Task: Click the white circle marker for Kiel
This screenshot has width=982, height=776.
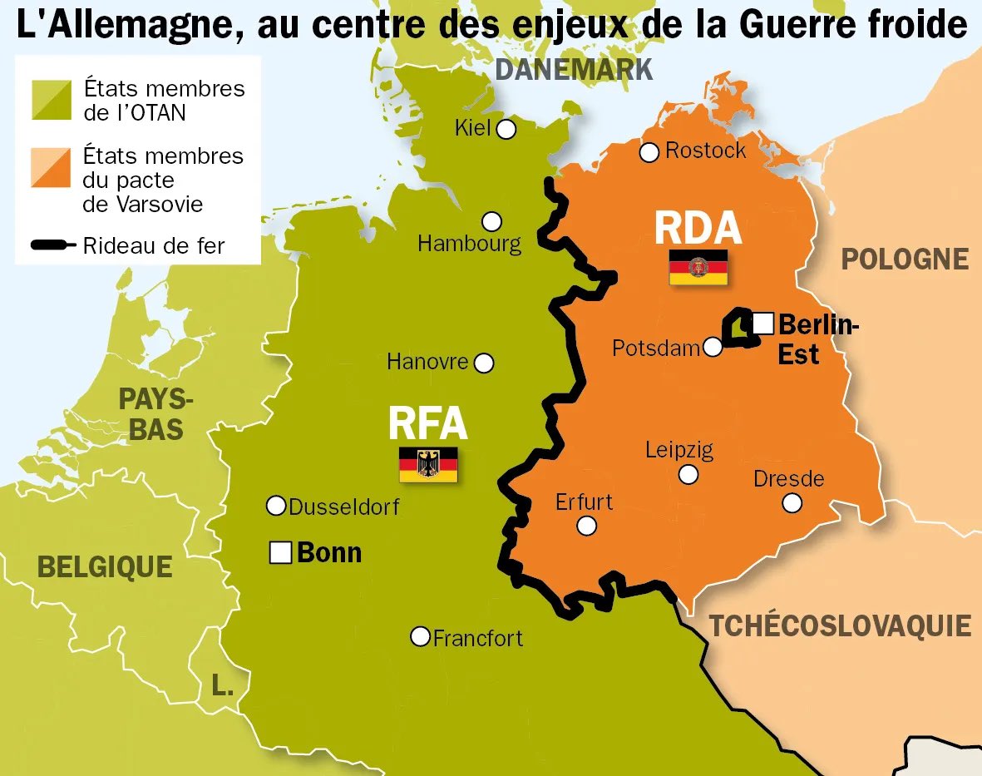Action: pos(506,129)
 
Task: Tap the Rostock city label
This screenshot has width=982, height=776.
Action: pos(705,151)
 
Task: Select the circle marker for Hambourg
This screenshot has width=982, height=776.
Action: pos(492,221)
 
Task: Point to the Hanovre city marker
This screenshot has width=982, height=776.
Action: pos(483,363)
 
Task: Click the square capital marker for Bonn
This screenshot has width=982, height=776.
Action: pos(281,552)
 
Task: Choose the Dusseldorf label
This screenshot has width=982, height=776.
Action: pos(344,506)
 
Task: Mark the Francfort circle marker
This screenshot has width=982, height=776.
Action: pos(422,636)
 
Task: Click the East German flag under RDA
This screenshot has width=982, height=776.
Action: pos(698,267)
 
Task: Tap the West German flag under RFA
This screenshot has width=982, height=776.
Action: pos(428,464)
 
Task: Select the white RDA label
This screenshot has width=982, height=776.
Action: pos(698,228)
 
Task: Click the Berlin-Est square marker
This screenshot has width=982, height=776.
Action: pos(763,322)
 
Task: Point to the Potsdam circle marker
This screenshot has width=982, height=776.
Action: pos(713,347)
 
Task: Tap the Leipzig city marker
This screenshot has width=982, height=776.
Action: pos(688,474)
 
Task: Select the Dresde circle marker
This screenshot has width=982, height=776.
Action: pos(792,502)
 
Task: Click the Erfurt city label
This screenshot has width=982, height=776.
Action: pos(584,502)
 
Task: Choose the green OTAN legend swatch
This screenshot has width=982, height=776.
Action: pos(52,100)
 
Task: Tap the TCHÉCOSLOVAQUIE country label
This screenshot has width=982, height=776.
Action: pos(840,625)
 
